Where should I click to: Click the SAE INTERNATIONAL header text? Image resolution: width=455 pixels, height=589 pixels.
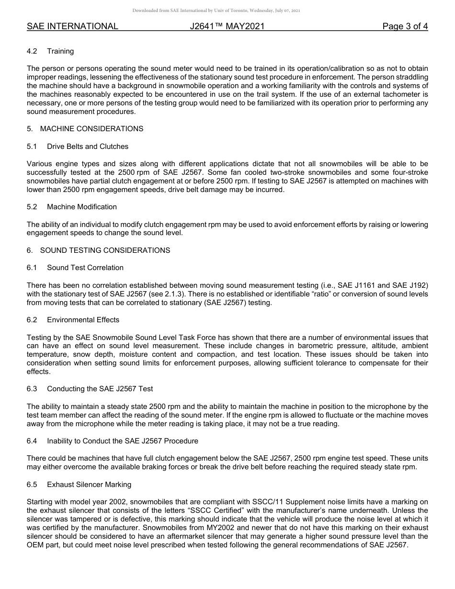tap(72, 26)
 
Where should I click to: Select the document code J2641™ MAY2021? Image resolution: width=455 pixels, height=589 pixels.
tap(227, 26)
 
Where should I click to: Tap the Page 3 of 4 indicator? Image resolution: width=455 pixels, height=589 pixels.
tap(405, 26)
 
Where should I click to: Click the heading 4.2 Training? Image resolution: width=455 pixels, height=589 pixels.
tap(50, 51)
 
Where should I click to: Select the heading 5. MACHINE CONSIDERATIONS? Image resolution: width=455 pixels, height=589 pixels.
tap(85, 129)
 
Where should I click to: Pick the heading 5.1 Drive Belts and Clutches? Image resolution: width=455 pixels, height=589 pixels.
tap(78, 147)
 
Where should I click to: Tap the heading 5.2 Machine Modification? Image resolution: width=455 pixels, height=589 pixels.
tap(72, 207)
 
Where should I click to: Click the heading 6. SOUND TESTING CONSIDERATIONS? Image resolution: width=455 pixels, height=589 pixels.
tap(98, 250)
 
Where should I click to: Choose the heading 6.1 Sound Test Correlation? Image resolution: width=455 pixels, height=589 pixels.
tap(75, 268)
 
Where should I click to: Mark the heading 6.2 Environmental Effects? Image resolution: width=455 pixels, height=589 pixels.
tap(73, 320)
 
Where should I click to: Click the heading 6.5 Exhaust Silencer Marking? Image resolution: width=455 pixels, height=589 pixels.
tap(79, 485)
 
